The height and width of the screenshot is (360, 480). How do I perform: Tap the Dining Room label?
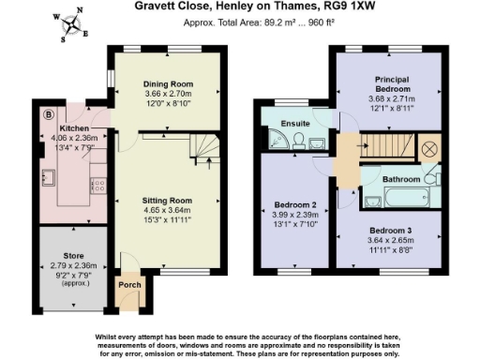166,83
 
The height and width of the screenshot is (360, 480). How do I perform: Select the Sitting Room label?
166,201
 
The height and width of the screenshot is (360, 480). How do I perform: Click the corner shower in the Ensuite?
277,142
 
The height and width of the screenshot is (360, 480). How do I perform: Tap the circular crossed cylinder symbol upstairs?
430,148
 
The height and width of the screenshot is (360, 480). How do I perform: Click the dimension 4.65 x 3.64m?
166,211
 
